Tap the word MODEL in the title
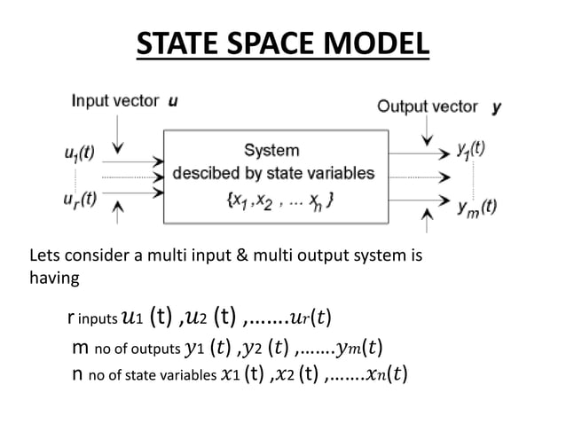[x=376, y=44]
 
